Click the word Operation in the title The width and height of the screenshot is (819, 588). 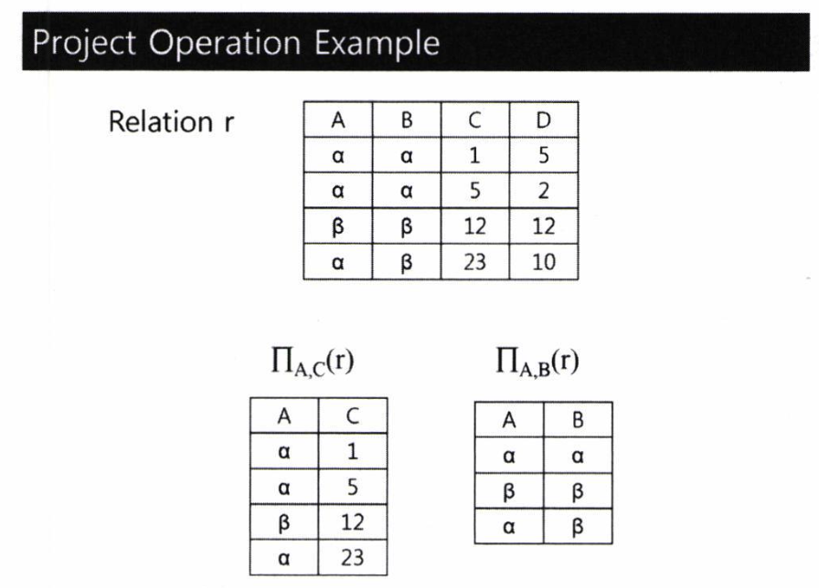pyautogui.click(x=225, y=44)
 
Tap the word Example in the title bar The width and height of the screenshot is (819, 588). pyautogui.click(x=377, y=44)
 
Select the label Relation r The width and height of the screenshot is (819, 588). pyautogui.click(x=171, y=121)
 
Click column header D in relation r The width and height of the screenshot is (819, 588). pyautogui.click(x=543, y=120)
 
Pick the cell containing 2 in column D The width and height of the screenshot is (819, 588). pyautogui.click(x=543, y=191)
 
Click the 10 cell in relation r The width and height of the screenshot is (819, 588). pyautogui.click(x=543, y=262)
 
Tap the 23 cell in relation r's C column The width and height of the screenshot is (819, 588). pyautogui.click(x=474, y=262)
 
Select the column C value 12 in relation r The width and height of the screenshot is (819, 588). pyautogui.click(x=474, y=226)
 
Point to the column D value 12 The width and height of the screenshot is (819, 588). pyautogui.click(x=543, y=226)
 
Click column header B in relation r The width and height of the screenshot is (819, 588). pyautogui.click(x=407, y=120)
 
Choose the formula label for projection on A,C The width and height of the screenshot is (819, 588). pyautogui.click(x=313, y=361)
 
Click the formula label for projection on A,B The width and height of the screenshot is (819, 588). pyautogui.click(x=537, y=361)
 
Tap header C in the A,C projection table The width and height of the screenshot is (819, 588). pyautogui.click(x=353, y=415)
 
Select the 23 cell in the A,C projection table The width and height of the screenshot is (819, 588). pyautogui.click(x=353, y=558)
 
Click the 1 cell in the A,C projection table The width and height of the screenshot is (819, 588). pyautogui.click(x=353, y=451)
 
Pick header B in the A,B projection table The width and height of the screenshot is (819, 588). pyautogui.click(x=578, y=420)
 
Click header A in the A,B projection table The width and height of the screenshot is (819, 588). pyautogui.click(x=509, y=420)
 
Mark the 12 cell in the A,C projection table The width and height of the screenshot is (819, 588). pyautogui.click(x=353, y=522)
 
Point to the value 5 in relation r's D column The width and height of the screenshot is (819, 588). pyautogui.click(x=543, y=155)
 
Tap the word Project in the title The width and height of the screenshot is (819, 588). pyautogui.click(x=84, y=44)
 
